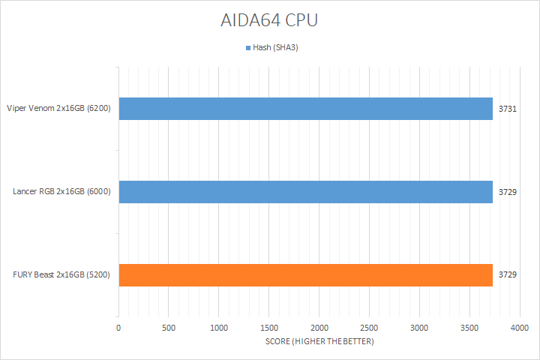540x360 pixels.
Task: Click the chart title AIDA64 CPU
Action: click(269, 20)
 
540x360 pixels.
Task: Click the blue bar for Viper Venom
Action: click(305, 109)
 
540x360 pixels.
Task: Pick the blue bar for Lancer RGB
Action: click(305, 192)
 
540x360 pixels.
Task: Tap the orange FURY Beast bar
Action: click(305, 275)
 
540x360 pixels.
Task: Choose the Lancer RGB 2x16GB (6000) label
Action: click(62, 192)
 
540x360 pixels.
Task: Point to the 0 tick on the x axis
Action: click(118, 328)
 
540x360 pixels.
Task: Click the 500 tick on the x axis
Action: click(169, 328)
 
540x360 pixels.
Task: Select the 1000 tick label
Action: click(219, 328)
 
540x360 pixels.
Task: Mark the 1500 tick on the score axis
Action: click(269, 328)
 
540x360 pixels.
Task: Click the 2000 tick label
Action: click(319, 328)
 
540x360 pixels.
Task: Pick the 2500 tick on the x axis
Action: click(370, 328)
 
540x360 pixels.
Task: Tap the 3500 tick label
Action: click(470, 328)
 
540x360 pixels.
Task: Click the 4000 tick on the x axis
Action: click(520, 328)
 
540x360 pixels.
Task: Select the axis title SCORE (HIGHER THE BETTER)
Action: click(319, 342)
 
